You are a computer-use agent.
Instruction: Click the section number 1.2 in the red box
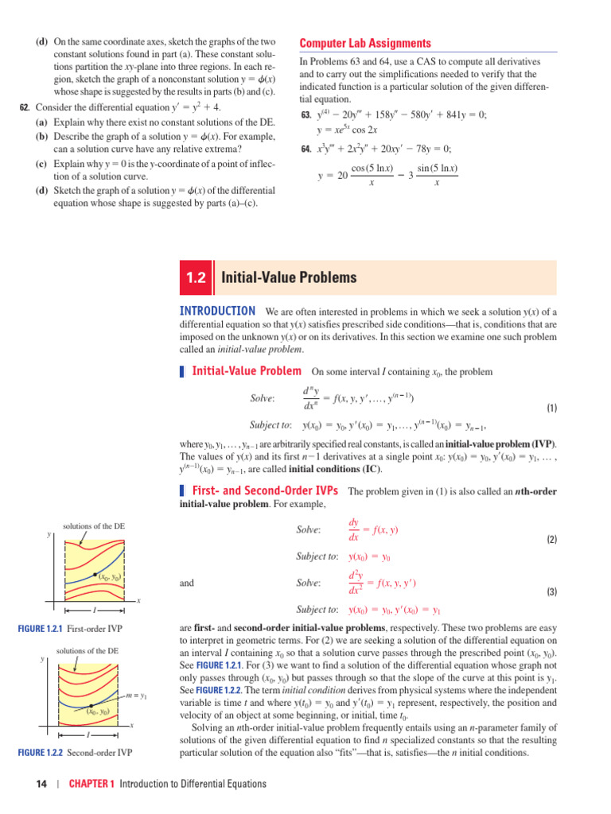pyautogui.click(x=196, y=277)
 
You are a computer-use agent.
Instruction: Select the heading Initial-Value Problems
pyautogui.click(x=289, y=277)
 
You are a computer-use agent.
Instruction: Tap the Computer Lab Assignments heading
pyautogui.click(x=365, y=44)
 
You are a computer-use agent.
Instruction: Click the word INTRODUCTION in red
pyautogui.click(x=218, y=311)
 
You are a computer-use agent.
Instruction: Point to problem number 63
pyautogui.click(x=305, y=115)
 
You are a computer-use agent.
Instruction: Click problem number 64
pyautogui.click(x=305, y=149)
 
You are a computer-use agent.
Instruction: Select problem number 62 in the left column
pyautogui.click(x=24, y=108)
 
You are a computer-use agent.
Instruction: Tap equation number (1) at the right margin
pyautogui.click(x=551, y=408)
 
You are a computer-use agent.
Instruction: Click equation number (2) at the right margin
pyautogui.click(x=551, y=540)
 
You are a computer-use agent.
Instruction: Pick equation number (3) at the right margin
pyautogui.click(x=551, y=592)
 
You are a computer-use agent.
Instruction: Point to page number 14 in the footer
pyautogui.click(x=42, y=784)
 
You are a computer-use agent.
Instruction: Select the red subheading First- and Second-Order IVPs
pyautogui.click(x=265, y=490)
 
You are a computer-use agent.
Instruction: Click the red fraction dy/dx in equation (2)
pyautogui.click(x=354, y=529)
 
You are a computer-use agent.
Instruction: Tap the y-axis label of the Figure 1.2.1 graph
pyautogui.click(x=49, y=536)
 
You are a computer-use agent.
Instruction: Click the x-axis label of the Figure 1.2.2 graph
pyautogui.click(x=131, y=726)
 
